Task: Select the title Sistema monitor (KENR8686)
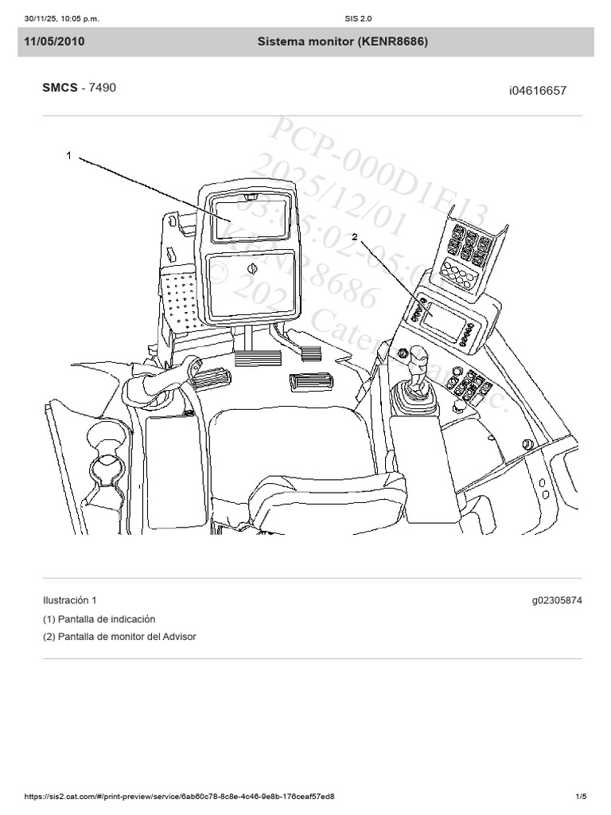342,42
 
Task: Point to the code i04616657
538,91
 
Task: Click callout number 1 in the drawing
69,156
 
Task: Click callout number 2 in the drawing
354,237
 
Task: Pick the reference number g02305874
557,600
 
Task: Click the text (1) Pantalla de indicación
99,618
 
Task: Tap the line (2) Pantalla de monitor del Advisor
119,637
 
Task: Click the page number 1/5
581,797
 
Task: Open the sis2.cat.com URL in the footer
179,797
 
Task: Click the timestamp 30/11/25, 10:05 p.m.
62,18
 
